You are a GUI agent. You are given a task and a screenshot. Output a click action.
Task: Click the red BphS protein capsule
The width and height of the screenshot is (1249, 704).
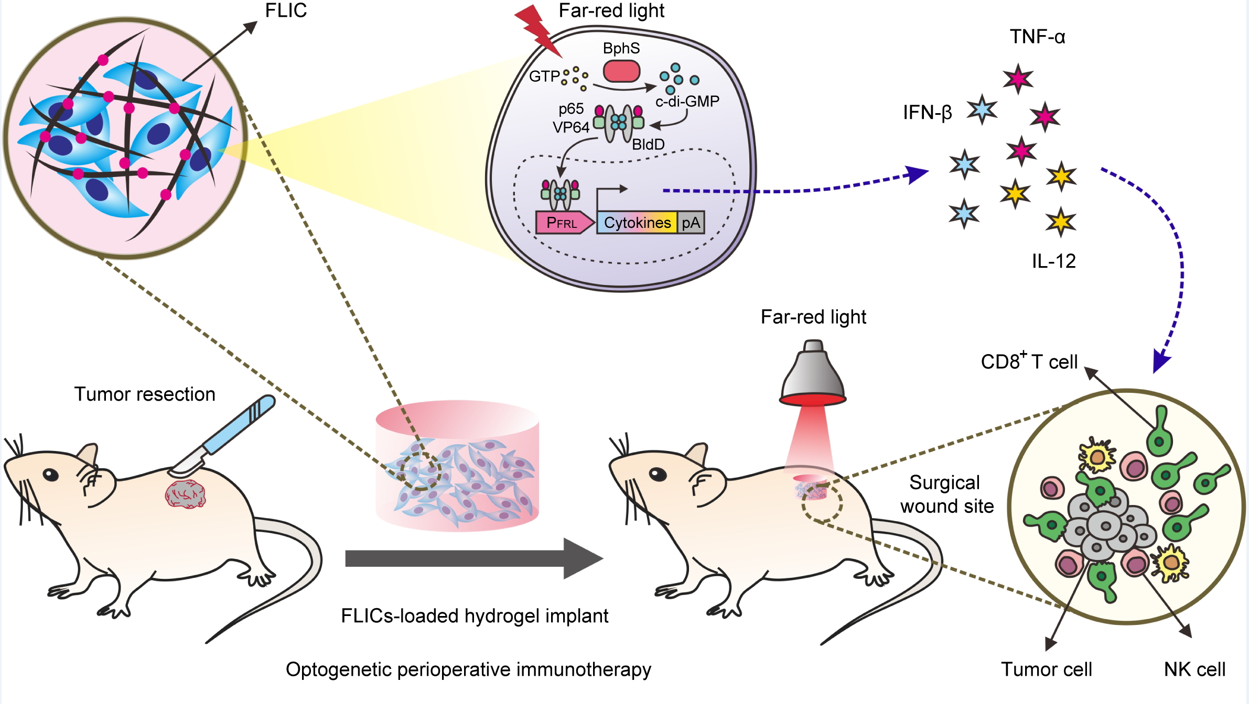tap(621, 71)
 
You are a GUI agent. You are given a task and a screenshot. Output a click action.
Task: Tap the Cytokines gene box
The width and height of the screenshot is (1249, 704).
tap(637, 223)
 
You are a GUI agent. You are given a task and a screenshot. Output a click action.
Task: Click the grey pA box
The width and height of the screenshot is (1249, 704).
tap(691, 223)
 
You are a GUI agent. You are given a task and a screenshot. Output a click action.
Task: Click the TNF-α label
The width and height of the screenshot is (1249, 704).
tap(1037, 37)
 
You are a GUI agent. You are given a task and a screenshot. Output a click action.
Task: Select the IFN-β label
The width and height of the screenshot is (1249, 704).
tap(927, 113)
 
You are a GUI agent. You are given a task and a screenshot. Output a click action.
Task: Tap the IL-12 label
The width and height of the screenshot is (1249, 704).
tap(1053, 261)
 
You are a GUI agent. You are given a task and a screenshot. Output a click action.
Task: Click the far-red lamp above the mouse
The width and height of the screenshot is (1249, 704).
tap(813, 375)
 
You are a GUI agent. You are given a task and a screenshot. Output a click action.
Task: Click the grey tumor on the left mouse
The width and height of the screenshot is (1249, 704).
tap(185, 494)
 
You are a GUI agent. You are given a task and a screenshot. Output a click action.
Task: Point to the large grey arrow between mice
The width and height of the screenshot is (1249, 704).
tap(472, 558)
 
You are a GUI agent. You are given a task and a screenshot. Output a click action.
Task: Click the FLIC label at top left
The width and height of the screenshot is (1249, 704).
tap(286, 10)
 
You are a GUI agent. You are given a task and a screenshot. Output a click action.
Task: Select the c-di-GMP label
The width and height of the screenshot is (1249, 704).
tap(687, 101)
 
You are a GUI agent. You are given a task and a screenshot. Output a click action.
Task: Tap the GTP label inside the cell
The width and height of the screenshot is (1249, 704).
tap(544, 76)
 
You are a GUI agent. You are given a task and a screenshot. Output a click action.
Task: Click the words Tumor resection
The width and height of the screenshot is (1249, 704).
tap(145, 394)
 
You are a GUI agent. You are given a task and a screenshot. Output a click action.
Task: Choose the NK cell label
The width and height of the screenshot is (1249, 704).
tap(1194, 669)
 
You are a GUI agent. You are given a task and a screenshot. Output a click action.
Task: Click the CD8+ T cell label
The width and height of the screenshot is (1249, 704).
tap(1029, 361)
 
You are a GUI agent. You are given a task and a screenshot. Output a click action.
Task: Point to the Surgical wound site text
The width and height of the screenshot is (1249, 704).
tap(946, 494)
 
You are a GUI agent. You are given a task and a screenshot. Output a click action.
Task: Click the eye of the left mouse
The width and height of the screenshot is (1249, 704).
tap(50, 474)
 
